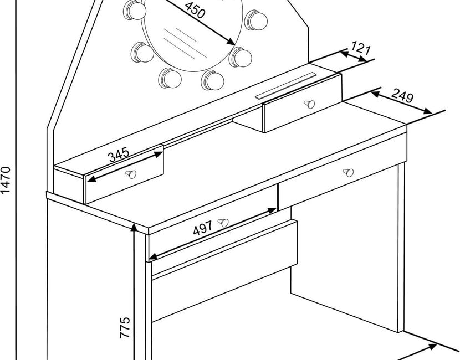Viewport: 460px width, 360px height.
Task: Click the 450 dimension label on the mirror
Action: (194, 10)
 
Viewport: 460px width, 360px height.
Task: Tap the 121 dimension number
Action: (360, 48)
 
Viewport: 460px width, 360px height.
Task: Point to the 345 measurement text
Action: (119, 154)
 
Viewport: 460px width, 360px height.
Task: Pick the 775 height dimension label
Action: (125, 327)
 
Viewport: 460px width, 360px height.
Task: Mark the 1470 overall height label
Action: (5, 180)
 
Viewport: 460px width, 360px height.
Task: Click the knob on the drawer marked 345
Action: (131, 174)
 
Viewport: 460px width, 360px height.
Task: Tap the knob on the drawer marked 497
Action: (223, 223)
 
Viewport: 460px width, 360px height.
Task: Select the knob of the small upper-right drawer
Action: (309, 104)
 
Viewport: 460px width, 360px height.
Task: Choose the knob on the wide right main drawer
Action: (347, 172)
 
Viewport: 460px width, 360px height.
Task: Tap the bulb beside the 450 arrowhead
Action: (241, 56)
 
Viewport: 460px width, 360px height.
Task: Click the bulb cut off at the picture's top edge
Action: (133, 8)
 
